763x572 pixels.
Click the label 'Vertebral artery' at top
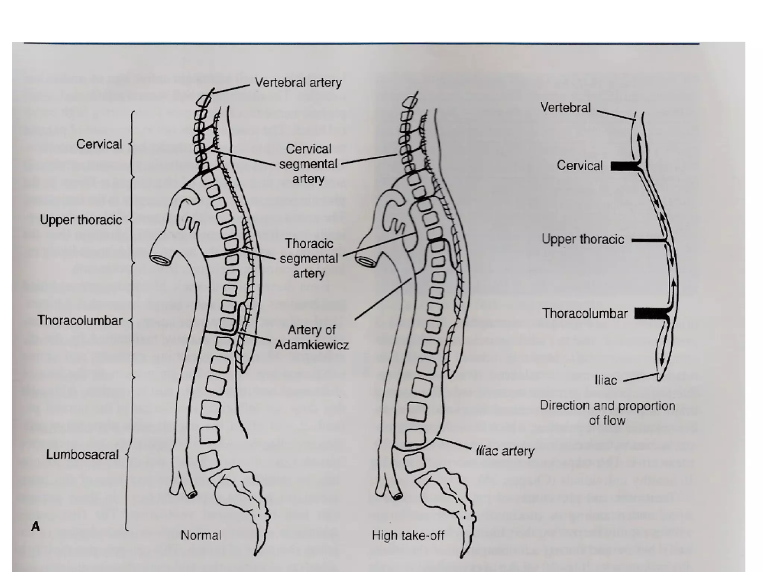(x=298, y=82)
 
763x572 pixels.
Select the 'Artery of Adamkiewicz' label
(x=312, y=337)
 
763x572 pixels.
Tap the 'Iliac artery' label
(x=505, y=451)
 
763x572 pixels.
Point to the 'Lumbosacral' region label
(x=82, y=454)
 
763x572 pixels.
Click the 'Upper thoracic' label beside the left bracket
(x=81, y=220)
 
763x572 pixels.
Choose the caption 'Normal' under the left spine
(x=201, y=535)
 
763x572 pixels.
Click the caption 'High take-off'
(x=408, y=536)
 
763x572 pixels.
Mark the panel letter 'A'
(x=35, y=527)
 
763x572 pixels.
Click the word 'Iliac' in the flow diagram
(x=606, y=380)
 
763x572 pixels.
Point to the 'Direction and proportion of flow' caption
(x=607, y=413)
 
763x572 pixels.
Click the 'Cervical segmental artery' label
(x=308, y=164)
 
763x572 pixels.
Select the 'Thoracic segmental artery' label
(x=309, y=258)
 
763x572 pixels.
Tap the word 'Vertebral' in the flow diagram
(x=566, y=108)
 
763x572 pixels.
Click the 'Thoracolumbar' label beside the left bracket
(x=80, y=320)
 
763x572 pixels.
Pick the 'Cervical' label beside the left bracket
(x=99, y=144)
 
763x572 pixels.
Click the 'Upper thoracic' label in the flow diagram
(x=583, y=239)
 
